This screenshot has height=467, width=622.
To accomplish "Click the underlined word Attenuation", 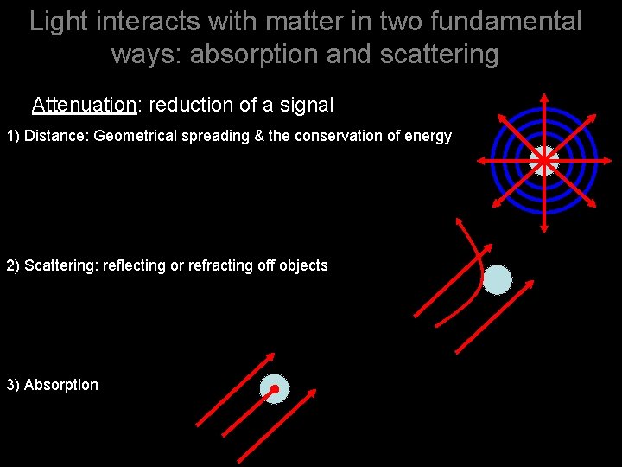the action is point(84,106).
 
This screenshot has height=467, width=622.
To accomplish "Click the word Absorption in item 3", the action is point(61,385).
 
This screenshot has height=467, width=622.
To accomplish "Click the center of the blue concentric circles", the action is point(544,161).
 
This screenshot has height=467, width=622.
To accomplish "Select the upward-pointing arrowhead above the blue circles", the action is point(544,97).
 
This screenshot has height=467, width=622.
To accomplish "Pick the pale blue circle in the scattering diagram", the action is point(498,279).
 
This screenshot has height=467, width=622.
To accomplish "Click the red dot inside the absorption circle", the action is point(275,389).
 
